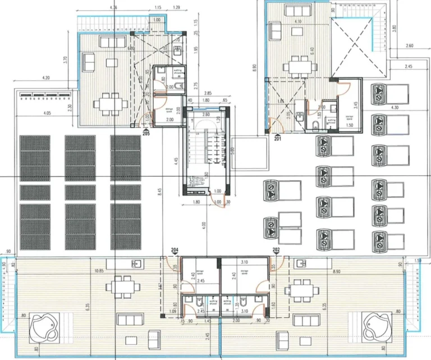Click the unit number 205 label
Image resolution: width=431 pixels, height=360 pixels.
tap(146, 134)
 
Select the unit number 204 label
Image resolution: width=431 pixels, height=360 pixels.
tap(175, 250)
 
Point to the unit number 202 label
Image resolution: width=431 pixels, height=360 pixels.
tap(276, 250)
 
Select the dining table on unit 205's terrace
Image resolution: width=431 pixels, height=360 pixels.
tap(107, 104)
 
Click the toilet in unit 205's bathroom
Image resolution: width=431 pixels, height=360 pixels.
tap(176, 86)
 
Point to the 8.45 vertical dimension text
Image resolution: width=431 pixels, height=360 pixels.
tap(160, 191)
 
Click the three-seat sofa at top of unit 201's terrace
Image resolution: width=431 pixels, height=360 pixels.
tap(292, 10)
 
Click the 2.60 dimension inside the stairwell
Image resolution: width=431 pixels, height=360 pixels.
tap(206, 115)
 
